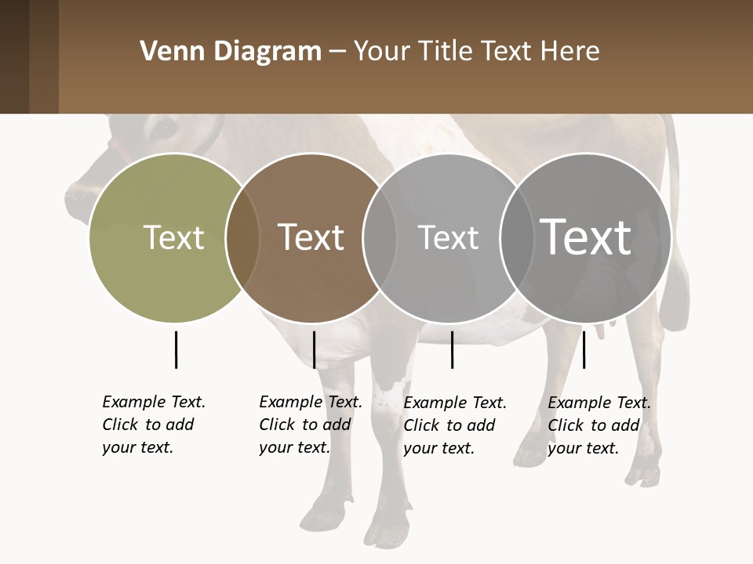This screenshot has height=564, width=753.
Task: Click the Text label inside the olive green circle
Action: (x=173, y=237)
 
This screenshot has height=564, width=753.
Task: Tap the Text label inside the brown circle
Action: (x=311, y=237)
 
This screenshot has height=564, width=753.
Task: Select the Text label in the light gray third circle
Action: (x=448, y=237)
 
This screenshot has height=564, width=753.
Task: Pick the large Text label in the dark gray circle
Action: (x=586, y=237)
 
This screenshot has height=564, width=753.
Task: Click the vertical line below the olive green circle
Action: (x=176, y=349)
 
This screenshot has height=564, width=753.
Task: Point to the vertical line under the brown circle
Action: (x=314, y=349)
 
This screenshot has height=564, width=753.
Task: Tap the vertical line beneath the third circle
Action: (x=452, y=349)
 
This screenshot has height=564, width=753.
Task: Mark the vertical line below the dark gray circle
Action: (x=584, y=349)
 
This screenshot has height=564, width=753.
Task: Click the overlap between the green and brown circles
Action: (x=242, y=237)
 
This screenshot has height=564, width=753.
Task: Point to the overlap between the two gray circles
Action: (x=515, y=237)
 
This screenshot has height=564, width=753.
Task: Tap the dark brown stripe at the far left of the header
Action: (x=14, y=56)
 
